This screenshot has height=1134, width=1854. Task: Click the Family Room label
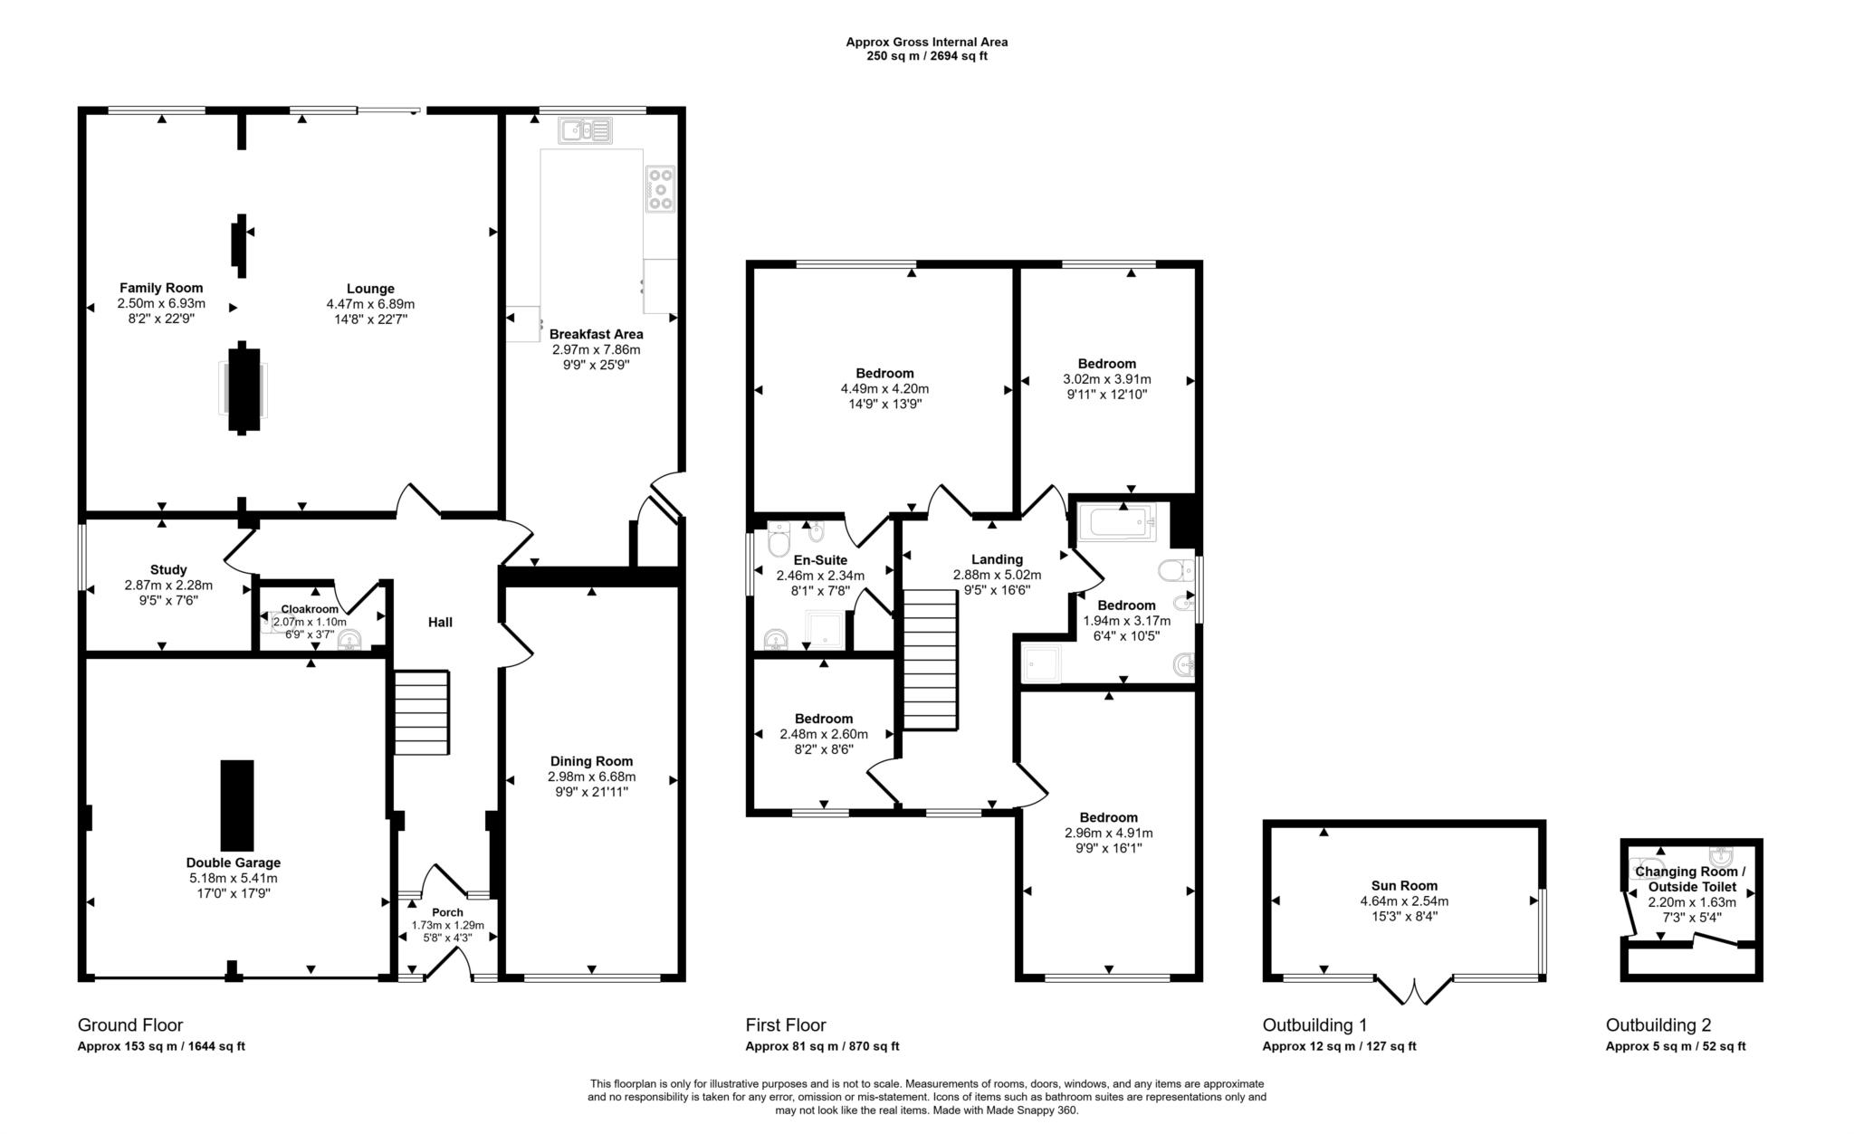pos(161,289)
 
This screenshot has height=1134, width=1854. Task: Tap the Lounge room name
pos(370,290)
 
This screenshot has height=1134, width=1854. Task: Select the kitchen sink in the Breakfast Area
pos(587,131)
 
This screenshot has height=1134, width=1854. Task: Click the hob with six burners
pos(660,189)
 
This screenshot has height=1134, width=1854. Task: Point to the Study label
pos(168,570)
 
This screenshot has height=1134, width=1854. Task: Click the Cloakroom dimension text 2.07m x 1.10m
pos(310,622)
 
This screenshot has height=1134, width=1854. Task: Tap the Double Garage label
pos(234,862)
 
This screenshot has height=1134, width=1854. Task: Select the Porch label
pos(447,912)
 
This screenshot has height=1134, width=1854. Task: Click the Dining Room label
pos(592,761)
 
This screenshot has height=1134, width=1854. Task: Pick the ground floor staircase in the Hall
pos(422,712)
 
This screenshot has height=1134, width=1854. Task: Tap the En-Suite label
pos(820,560)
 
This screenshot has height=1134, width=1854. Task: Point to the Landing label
pos(997,559)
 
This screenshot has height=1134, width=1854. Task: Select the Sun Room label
pos(1404,886)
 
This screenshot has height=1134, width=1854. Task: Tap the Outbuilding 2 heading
pos(1658,1025)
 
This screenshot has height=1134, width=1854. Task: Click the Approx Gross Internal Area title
pos(927,42)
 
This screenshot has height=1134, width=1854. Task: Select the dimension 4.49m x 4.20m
pos(884,389)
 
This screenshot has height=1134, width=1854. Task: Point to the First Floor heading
pos(786,1025)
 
